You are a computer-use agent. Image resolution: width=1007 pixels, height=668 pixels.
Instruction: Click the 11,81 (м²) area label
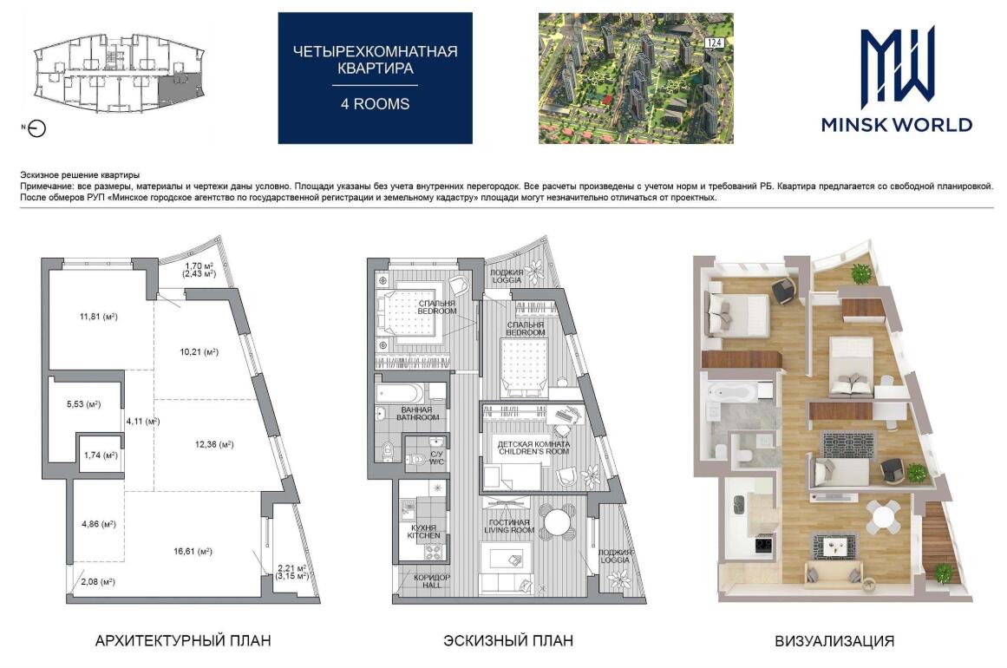[x=98, y=317]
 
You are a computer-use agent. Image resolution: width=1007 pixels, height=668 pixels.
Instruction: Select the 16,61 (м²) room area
[x=193, y=551]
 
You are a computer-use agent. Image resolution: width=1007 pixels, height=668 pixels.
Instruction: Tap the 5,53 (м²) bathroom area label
[x=83, y=404]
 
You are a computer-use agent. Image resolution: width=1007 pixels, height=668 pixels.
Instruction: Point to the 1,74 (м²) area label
[x=101, y=455]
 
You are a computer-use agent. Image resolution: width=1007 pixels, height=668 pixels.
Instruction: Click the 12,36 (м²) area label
[x=214, y=444]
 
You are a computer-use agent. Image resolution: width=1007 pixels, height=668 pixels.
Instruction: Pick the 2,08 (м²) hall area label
[x=98, y=582]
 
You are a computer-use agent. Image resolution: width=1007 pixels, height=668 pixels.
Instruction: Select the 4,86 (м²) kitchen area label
[x=98, y=524]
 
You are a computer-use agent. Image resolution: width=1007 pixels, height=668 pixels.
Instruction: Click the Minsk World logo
[x=897, y=79]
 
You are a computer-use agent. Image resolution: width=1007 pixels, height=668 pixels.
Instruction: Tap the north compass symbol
[x=36, y=128]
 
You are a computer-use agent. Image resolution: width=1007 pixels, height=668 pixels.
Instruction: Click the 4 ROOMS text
[x=375, y=104]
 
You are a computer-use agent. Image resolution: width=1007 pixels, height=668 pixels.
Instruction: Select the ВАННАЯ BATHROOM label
[x=417, y=414]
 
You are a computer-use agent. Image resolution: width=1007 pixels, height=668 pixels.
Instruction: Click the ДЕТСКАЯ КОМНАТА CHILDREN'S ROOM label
[x=533, y=448]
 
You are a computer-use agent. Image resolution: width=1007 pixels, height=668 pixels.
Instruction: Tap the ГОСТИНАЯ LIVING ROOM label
[x=508, y=526]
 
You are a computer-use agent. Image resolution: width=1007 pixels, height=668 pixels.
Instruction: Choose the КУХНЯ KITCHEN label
[x=424, y=531]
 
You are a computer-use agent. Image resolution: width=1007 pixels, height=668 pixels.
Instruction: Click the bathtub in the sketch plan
[x=400, y=393]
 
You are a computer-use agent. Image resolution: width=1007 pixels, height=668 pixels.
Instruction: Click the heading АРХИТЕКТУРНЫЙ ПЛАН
[x=183, y=640]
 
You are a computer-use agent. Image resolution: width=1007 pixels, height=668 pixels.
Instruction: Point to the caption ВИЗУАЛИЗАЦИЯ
[x=834, y=640]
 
